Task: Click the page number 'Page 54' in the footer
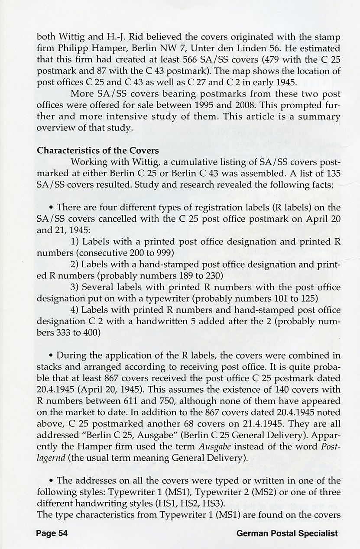coord(52,533)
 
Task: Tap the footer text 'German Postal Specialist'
coord(287,533)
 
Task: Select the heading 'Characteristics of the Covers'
coord(98,151)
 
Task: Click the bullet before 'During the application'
coord(52,356)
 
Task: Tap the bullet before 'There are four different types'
coord(52,207)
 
